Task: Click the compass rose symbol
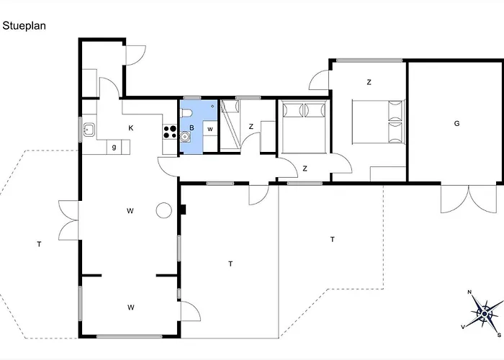(x=484, y=313)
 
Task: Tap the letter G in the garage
(x=456, y=124)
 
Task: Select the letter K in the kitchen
(x=130, y=128)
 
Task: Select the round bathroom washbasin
(x=186, y=135)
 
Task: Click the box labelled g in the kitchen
(x=114, y=147)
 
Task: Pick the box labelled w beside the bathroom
(x=210, y=129)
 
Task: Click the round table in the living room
(x=163, y=210)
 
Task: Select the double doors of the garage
(x=469, y=199)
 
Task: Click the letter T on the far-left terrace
(x=39, y=245)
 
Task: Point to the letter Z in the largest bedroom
(x=369, y=83)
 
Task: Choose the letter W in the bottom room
(x=131, y=307)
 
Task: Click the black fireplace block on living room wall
(x=184, y=210)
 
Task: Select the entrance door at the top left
(x=135, y=56)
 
